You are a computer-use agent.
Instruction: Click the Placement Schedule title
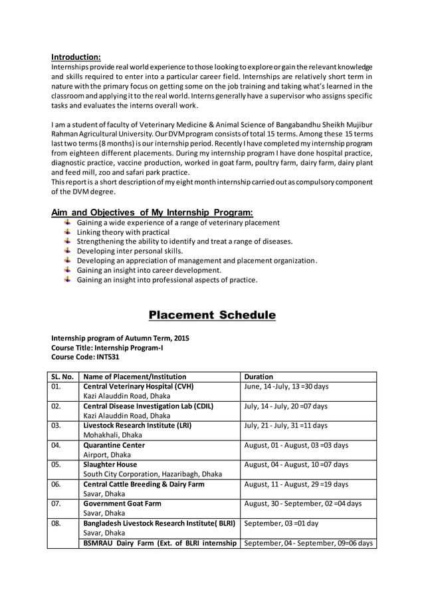[211, 315]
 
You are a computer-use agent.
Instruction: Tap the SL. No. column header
[62, 376]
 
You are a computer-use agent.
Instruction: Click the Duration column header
[259, 376]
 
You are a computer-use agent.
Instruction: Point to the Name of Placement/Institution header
[134, 376]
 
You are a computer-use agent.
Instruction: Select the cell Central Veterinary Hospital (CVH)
[138, 386]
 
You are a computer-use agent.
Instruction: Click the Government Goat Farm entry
[122, 504]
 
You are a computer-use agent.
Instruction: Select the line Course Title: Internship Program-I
[107, 347]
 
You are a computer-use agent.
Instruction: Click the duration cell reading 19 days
[296, 484]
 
